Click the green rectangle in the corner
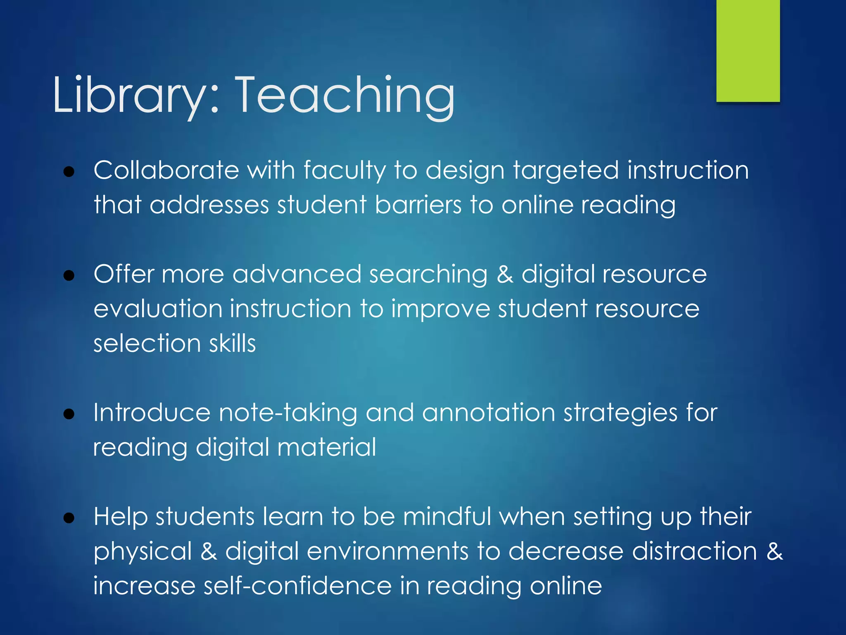click(748, 50)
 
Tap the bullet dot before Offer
click(69, 275)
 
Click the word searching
click(428, 275)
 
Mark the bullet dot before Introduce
click(69, 414)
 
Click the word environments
click(387, 551)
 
